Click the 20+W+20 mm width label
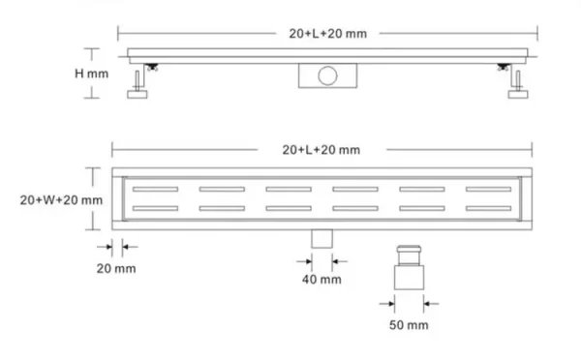(61, 200)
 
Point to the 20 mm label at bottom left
(117, 267)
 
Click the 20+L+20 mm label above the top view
(321, 149)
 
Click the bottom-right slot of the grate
(489, 207)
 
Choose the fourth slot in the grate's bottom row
(355, 207)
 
